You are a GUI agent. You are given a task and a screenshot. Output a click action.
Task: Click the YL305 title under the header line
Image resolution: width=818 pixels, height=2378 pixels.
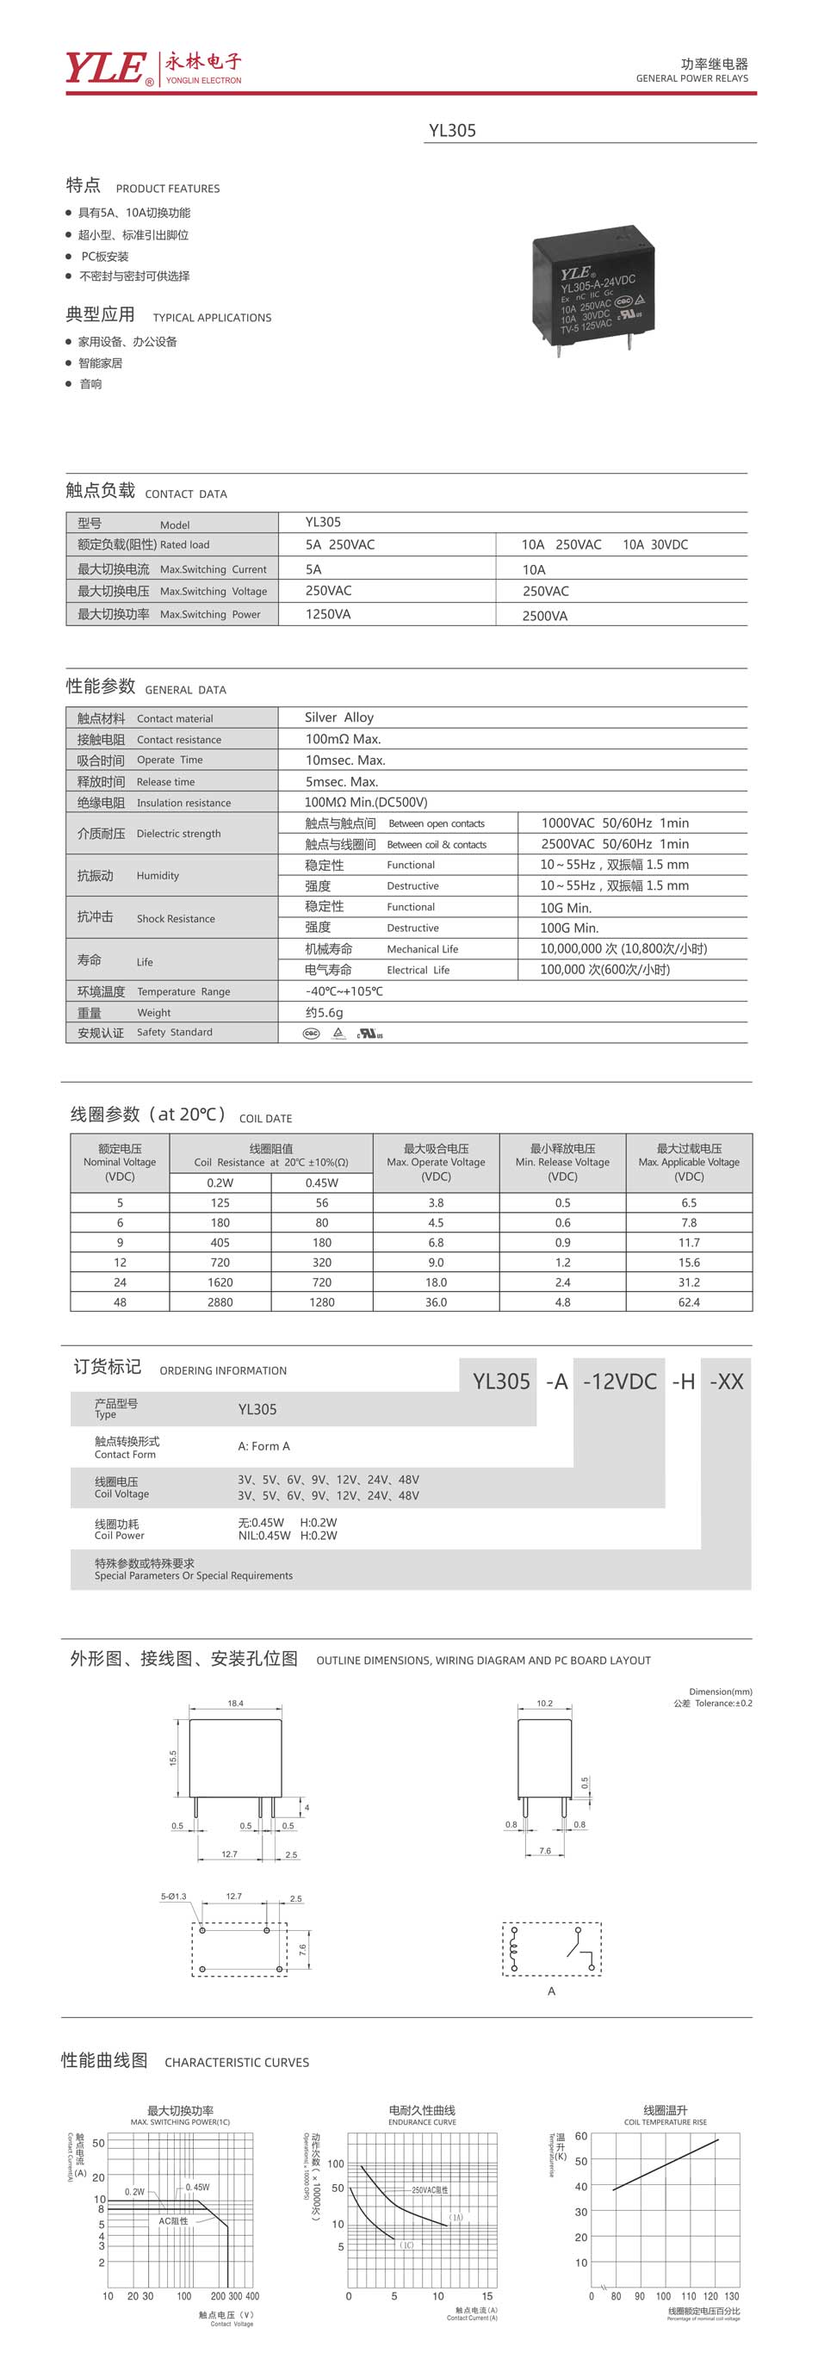pos(451,130)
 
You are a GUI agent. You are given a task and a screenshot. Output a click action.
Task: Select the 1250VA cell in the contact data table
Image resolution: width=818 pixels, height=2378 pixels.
pos(328,614)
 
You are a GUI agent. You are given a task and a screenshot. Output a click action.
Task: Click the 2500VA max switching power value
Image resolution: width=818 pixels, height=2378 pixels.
pos(545,616)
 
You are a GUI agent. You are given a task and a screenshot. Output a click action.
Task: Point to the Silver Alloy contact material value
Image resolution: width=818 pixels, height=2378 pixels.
pos(339,717)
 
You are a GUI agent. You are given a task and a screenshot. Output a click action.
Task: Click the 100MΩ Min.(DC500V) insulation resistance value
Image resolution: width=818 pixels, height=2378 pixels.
pos(366,802)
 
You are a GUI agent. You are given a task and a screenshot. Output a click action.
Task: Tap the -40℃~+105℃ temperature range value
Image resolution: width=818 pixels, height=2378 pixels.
pos(344,991)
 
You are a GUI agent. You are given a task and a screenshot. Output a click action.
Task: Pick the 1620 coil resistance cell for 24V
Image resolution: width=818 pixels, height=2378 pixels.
pos(220,1282)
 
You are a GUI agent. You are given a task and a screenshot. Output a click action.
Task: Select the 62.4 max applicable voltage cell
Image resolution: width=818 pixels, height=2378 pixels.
pos(689,1301)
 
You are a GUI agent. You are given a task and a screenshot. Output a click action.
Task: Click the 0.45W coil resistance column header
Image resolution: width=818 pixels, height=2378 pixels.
pos(321,1183)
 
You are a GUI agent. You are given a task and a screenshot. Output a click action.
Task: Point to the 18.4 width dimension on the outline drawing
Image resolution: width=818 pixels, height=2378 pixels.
pos(235,1704)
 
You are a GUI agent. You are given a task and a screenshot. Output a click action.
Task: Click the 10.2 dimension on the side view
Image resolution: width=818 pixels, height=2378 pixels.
pos(545,1704)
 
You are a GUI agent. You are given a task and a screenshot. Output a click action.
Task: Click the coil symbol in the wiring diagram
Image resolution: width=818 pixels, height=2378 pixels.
pos(514,1950)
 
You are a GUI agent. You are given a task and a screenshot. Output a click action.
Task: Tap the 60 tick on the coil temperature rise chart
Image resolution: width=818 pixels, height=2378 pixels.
pos(580,2136)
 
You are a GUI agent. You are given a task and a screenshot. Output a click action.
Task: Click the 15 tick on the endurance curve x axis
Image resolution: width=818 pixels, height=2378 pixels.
pos(486,2296)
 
